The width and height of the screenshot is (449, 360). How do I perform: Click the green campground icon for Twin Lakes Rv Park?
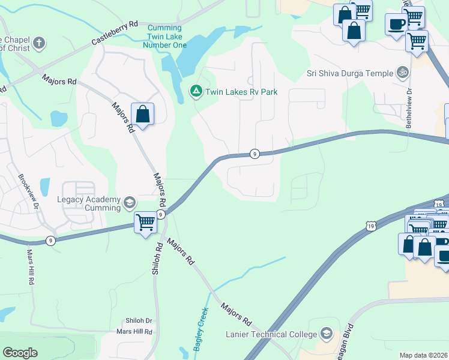click(196, 91)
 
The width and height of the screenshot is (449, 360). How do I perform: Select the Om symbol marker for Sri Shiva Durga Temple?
click(403, 73)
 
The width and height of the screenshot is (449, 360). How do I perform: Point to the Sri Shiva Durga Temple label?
click(349, 73)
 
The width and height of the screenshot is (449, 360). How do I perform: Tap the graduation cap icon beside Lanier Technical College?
click(326, 334)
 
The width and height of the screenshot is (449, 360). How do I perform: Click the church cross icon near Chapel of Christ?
click(38, 43)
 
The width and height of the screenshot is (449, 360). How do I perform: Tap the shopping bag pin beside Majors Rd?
click(142, 114)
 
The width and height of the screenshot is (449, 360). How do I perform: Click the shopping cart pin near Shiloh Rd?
click(145, 223)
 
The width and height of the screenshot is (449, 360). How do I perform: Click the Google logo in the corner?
click(20, 353)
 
